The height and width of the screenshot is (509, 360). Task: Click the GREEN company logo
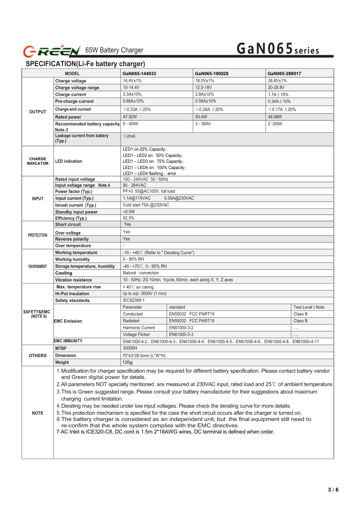pos(52,50)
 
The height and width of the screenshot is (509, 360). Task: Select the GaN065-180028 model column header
pos(211,73)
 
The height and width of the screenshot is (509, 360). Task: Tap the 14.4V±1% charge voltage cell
pos(132,81)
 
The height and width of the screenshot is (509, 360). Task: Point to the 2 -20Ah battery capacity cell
pos(275,123)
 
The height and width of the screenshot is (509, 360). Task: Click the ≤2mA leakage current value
pos(129,136)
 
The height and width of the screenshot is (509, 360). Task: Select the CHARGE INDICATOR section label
pos(38,161)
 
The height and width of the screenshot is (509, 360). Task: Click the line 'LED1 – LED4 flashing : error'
pos(149,173)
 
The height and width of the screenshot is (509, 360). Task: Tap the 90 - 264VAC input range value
pos(134,185)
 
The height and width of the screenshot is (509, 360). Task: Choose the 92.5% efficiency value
pos(129,218)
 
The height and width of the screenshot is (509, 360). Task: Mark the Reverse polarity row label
pos(72,239)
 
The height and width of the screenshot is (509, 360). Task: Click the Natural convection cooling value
pos(141,273)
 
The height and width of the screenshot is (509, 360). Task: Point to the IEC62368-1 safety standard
pos(134,301)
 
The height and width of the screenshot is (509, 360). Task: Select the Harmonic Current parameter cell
pos(139,328)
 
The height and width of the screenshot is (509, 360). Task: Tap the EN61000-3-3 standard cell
pos(181,334)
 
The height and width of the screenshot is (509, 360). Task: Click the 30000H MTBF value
pos(130,348)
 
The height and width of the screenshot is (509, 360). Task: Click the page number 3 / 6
pos(333,490)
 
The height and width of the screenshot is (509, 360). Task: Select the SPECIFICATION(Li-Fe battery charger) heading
pos(85,64)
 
